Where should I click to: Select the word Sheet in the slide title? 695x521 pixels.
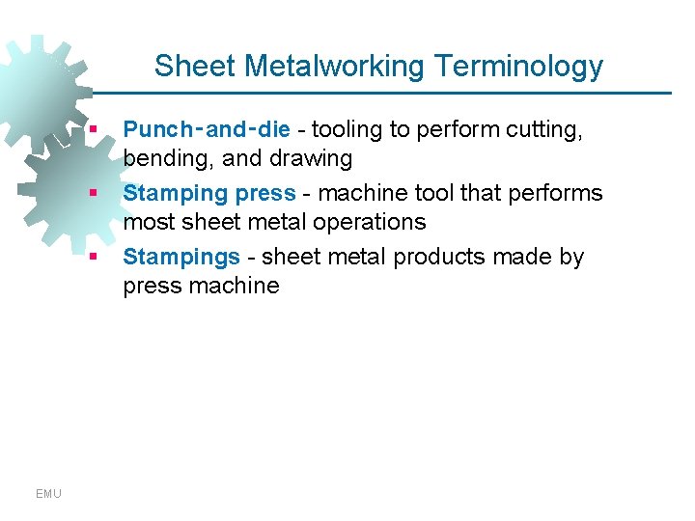click(195, 67)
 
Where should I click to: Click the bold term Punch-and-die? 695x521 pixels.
click(207, 129)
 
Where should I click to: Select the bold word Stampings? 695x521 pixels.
click(181, 258)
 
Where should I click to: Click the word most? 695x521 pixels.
click(148, 222)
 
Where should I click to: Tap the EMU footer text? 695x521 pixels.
click(48, 494)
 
